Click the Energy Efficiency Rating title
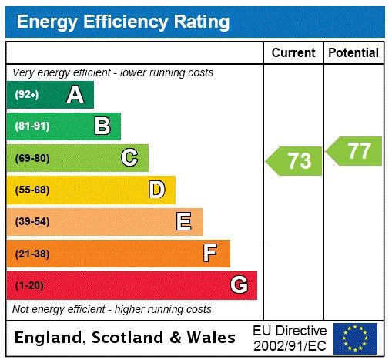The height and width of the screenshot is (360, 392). click(x=122, y=22)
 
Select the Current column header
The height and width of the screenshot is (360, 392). click(x=293, y=53)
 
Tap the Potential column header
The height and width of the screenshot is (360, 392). click(x=353, y=53)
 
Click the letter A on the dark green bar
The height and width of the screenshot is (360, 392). click(x=75, y=95)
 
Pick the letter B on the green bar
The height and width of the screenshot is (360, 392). click(x=102, y=126)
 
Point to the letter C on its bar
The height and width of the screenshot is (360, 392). click(x=129, y=158)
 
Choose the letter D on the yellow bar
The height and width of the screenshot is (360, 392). click(x=156, y=190)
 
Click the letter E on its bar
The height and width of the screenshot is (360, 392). click(x=183, y=222)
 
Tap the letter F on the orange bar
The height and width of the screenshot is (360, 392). click(x=210, y=253)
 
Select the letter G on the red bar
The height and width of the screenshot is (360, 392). click(x=239, y=285)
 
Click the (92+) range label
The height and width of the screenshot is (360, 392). click(x=27, y=95)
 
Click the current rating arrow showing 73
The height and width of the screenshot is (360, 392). click(x=296, y=161)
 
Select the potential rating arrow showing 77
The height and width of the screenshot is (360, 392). click(x=355, y=150)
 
